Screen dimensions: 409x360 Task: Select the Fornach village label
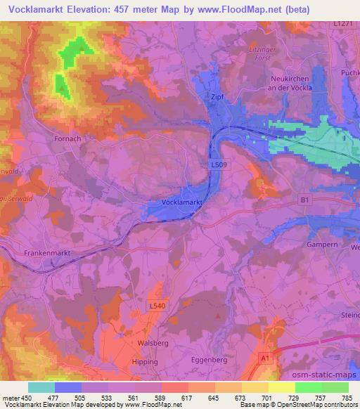click(68, 139)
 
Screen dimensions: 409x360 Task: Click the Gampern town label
click(322, 245)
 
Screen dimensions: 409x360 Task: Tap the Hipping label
click(145, 361)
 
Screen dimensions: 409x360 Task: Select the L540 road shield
click(157, 306)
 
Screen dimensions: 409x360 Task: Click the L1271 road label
click(342, 24)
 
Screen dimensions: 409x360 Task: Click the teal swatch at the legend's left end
click(41, 387)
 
